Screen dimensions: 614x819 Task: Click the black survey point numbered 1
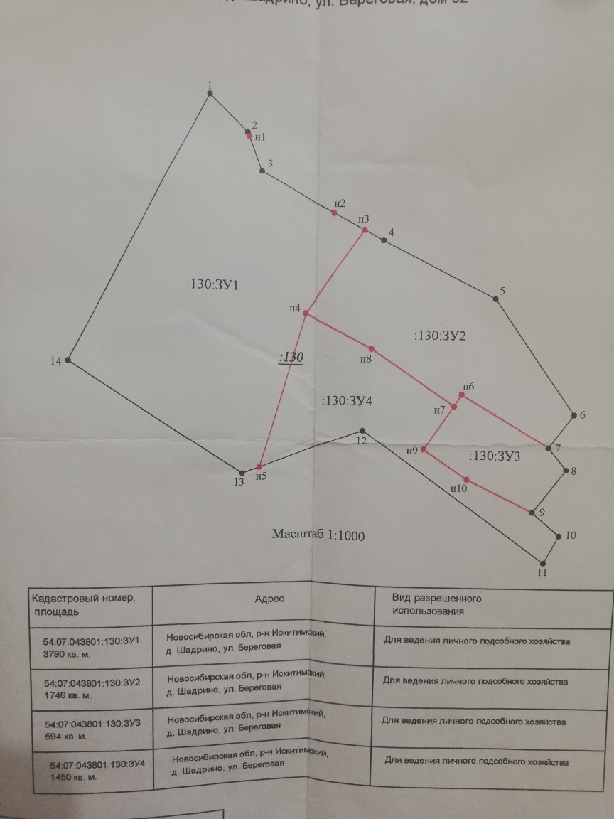[210, 93]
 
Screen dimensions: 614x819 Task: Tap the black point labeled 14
[68, 360]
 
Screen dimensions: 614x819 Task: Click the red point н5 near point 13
[259, 466]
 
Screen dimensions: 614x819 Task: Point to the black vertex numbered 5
[496, 299]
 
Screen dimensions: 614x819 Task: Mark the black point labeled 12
[362, 431]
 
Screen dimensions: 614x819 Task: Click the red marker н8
[371, 349]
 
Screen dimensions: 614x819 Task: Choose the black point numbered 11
[543, 561]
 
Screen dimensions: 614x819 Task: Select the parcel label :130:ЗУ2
[439, 336]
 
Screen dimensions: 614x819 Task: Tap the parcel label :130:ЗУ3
[495, 456]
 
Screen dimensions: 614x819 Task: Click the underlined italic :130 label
[291, 358]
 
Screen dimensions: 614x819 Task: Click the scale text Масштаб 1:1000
[318, 535]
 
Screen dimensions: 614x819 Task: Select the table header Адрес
[269, 599]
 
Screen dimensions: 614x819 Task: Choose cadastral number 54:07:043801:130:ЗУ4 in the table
[97, 765]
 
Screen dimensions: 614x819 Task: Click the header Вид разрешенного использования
[437, 604]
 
